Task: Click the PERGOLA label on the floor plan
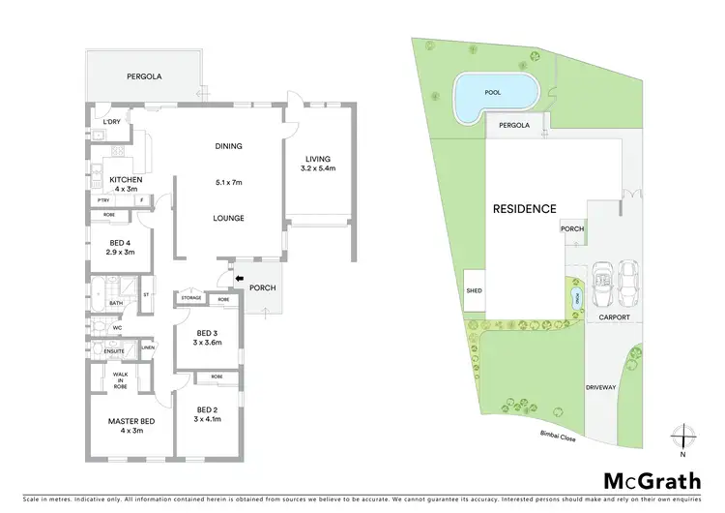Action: click(x=142, y=75)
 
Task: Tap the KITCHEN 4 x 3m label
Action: click(x=126, y=184)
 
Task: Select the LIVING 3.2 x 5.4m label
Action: click(x=318, y=164)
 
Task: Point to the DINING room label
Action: click(x=228, y=146)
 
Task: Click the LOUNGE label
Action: click(x=228, y=218)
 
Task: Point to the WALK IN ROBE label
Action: click(x=121, y=380)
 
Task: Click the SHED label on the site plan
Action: click(x=474, y=289)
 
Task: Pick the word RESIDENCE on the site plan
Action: click(x=524, y=208)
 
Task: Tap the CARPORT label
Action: click(x=615, y=316)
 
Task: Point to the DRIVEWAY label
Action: click(x=599, y=387)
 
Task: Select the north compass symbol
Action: click(x=682, y=437)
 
